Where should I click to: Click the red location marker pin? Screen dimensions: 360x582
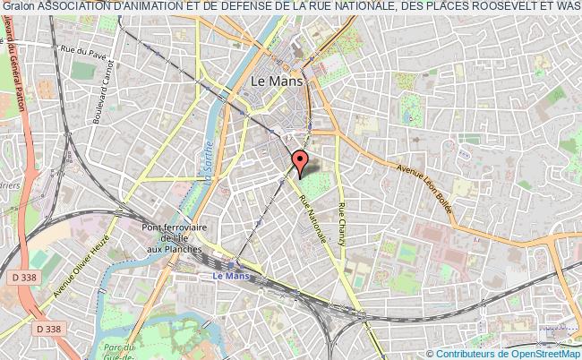coord(301,161)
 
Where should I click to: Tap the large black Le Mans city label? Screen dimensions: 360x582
coord(278,80)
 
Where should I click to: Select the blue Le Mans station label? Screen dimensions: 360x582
coord(230,276)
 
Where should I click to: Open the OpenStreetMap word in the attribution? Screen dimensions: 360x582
coord(548,352)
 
